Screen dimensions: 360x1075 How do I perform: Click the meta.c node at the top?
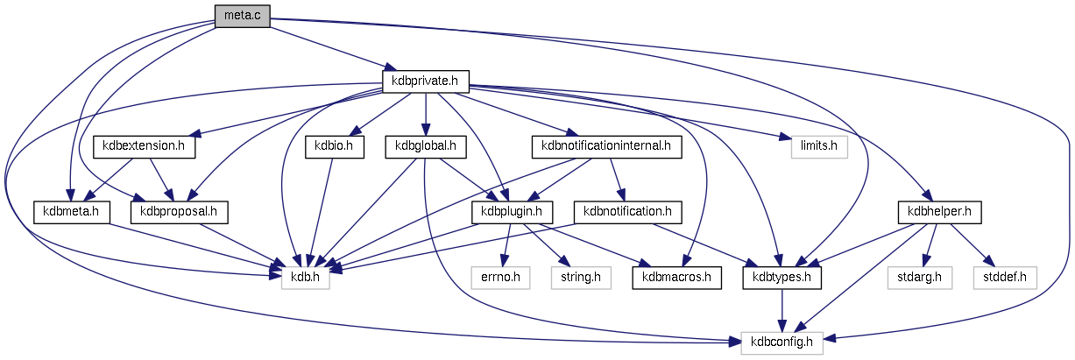click(x=242, y=15)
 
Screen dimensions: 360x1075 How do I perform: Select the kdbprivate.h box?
click(x=426, y=81)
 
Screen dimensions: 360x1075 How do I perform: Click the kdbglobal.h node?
click(x=426, y=146)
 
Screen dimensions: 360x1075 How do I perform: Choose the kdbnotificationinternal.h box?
click(x=606, y=146)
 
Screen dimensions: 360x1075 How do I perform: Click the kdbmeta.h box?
click(x=71, y=211)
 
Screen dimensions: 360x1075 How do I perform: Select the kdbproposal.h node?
click(x=179, y=211)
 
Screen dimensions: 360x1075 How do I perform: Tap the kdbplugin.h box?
click(x=513, y=211)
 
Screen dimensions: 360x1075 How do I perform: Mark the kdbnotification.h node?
click(x=627, y=211)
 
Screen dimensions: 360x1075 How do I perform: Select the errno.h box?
click(x=501, y=278)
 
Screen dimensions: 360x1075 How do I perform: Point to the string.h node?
click(x=579, y=278)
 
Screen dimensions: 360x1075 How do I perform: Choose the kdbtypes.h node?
click(x=782, y=278)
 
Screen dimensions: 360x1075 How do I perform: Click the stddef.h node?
click(x=1004, y=278)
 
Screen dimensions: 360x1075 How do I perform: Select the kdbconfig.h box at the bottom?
click(x=782, y=343)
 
